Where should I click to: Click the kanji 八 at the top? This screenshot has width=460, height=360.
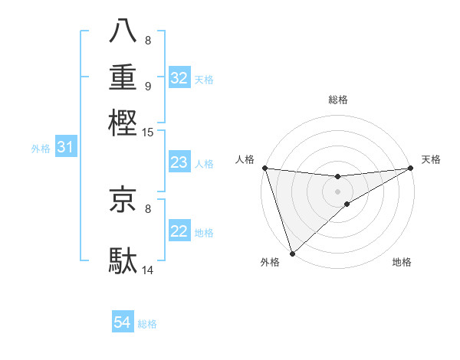123,31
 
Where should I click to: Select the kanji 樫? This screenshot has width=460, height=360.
123,122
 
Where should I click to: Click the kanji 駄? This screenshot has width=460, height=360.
123,260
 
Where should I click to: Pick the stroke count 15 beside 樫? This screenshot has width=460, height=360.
148,133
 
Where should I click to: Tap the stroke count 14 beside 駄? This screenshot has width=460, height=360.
148,270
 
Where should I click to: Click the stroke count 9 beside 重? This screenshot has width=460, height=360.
148,86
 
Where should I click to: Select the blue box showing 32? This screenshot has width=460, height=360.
179,78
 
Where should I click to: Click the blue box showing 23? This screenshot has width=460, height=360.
179,162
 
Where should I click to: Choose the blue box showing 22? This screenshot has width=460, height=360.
179,231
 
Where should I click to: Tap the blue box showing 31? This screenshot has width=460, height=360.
65,147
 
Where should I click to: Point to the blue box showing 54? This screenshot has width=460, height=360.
123,323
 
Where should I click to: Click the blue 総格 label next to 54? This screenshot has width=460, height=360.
147,324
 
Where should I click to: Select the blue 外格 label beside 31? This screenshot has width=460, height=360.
41,148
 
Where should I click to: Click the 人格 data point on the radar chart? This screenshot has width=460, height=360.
264,169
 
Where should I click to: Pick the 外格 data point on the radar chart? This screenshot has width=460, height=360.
292,252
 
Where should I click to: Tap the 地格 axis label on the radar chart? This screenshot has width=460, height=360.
402,263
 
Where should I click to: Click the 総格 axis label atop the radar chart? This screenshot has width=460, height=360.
338,100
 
